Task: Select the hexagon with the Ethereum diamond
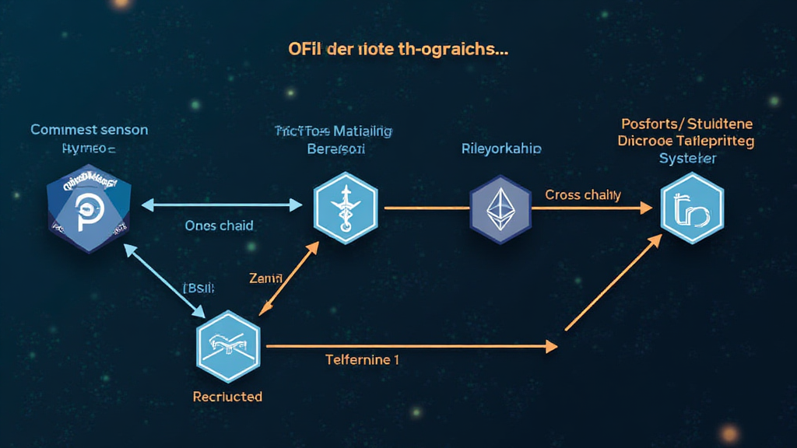[x=500, y=208]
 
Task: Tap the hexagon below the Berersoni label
[x=345, y=208]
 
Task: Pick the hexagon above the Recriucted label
[x=229, y=346]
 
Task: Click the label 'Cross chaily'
[x=583, y=194]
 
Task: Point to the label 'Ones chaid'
[x=219, y=226]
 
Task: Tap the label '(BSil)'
[x=199, y=287]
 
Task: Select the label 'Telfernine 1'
[x=363, y=360]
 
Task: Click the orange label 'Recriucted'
[x=227, y=397]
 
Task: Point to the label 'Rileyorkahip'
[x=501, y=148]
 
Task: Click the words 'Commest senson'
[x=89, y=130]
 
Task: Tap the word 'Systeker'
[x=687, y=158]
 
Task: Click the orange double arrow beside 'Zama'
[x=289, y=278]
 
